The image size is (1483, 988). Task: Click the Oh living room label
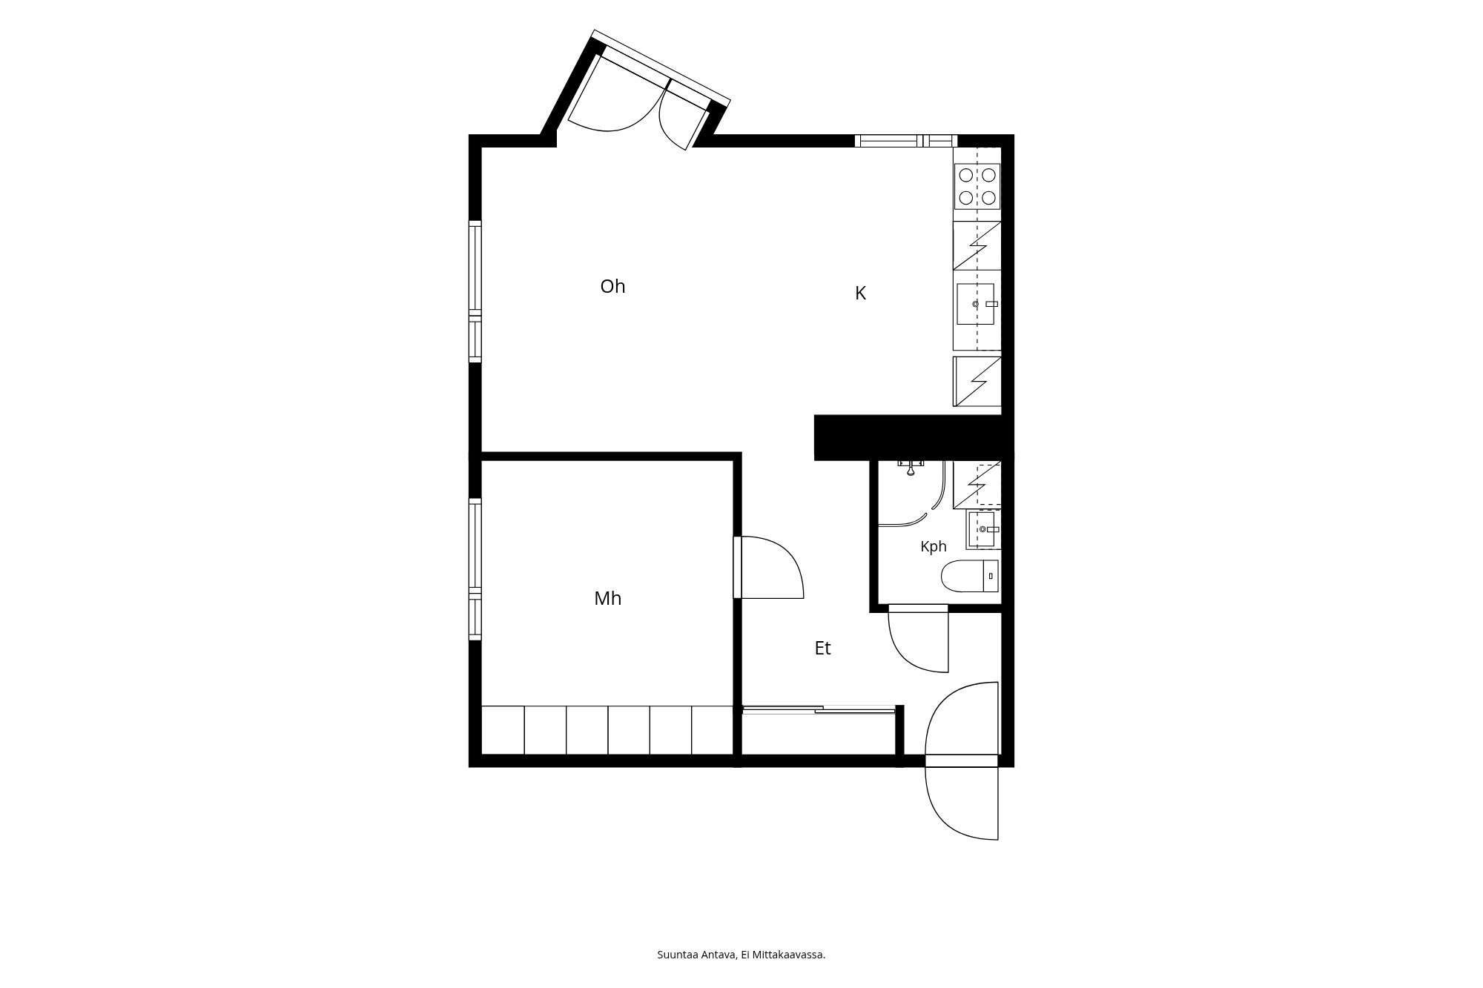click(x=612, y=286)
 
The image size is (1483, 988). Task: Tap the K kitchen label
click(x=860, y=294)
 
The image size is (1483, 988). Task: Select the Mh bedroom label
click(x=607, y=598)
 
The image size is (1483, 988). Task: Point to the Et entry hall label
click(x=822, y=648)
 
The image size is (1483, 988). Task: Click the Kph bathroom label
click(x=934, y=546)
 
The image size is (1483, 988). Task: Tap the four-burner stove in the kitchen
click(x=977, y=186)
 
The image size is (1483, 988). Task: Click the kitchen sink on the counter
click(x=977, y=304)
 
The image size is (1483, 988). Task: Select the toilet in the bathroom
click(x=970, y=576)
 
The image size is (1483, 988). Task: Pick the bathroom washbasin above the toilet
click(x=983, y=529)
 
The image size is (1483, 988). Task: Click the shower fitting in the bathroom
click(x=911, y=465)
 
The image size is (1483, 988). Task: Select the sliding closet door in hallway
click(x=819, y=710)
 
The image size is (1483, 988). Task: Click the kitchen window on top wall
click(x=905, y=141)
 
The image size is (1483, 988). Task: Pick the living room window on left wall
click(x=475, y=292)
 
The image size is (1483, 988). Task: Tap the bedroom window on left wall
click(x=475, y=569)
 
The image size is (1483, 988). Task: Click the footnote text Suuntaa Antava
click(x=696, y=955)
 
